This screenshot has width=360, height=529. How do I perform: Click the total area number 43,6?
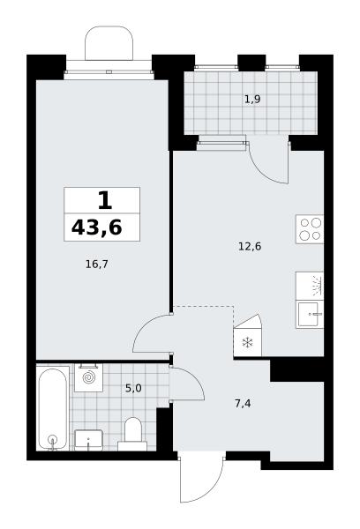[96, 227]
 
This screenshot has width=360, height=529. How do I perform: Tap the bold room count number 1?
[105, 200]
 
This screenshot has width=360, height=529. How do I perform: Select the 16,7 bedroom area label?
[96, 264]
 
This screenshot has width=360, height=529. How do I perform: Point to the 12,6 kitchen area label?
[250, 247]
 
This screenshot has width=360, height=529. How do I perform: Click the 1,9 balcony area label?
[252, 100]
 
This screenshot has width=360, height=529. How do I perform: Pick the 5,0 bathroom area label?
[133, 389]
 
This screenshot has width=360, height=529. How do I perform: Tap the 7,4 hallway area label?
[243, 403]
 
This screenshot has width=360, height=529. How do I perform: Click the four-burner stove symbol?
[310, 229]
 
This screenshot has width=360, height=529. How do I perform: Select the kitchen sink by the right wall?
[310, 315]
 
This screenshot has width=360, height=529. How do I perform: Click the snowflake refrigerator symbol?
[248, 344]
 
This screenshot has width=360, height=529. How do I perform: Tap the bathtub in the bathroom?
[52, 408]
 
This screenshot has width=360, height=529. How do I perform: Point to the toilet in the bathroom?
[132, 434]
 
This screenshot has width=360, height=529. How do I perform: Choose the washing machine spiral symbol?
[89, 377]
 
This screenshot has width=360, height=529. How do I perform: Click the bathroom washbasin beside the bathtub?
[88, 440]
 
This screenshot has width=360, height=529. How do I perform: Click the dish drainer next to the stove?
[310, 286]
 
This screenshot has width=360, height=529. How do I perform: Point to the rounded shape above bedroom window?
[109, 43]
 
